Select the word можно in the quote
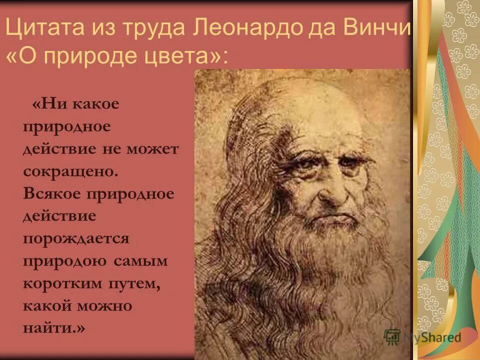point(107,305)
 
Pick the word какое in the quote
point(97,104)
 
